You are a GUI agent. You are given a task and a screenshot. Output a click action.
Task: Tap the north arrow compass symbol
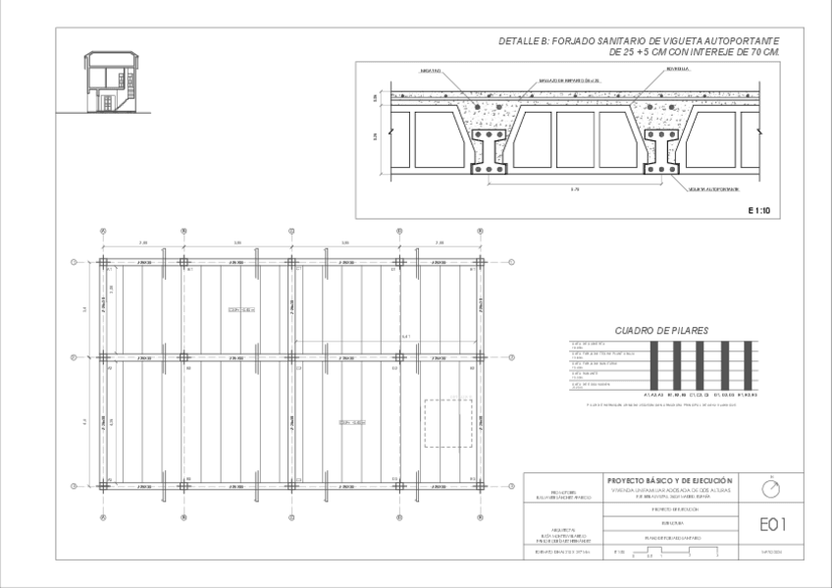click(x=772, y=487)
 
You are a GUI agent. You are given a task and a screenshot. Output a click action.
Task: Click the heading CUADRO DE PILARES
click(x=661, y=331)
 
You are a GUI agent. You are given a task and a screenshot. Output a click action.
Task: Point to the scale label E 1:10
click(x=761, y=209)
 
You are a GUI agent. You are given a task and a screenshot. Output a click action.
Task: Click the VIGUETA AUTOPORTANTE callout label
click(x=713, y=187)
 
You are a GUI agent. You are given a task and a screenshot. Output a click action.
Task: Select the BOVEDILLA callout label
click(x=677, y=71)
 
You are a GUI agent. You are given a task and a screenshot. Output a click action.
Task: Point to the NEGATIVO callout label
click(x=430, y=71)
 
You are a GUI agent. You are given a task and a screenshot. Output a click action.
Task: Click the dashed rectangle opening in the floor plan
click(x=447, y=423)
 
